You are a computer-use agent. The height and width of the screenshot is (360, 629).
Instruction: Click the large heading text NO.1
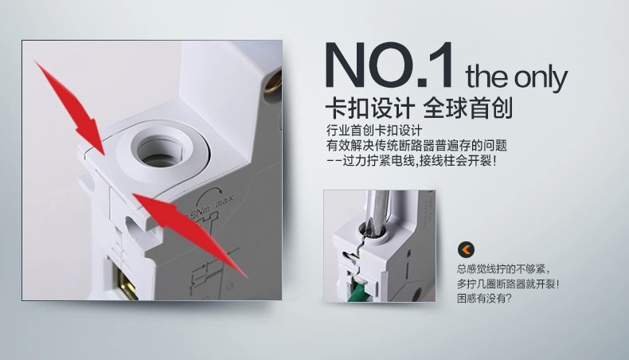click(x=389, y=65)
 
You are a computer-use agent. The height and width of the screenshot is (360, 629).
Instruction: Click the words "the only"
click(x=516, y=77)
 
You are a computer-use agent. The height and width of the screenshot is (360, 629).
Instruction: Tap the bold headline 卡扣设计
click(x=369, y=108)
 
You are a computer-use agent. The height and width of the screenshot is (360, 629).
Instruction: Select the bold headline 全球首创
click(x=467, y=108)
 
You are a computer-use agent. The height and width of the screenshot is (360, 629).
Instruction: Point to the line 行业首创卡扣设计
click(x=374, y=131)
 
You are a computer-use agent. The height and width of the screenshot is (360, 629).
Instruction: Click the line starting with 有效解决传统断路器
click(x=416, y=145)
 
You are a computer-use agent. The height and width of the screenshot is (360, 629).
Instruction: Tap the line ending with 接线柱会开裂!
click(x=412, y=161)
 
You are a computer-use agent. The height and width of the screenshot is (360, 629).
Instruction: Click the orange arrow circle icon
click(x=466, y=249)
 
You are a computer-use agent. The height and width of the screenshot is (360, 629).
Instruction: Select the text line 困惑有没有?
click(x=484, y=299)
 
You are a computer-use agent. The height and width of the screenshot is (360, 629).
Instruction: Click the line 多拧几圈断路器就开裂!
click(x=508, y=284)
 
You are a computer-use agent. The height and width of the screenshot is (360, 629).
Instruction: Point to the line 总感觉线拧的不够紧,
click(x=503, y=269)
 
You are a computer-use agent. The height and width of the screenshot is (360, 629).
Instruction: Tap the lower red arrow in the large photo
click(x=189, y=235)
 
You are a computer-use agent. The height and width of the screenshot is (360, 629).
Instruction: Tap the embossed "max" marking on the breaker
click(x=225, y=200)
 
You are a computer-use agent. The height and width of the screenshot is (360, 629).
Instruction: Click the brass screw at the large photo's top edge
click(x=274, y=80)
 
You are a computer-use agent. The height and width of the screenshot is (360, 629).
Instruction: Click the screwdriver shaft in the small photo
click(x=376, y=213)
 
